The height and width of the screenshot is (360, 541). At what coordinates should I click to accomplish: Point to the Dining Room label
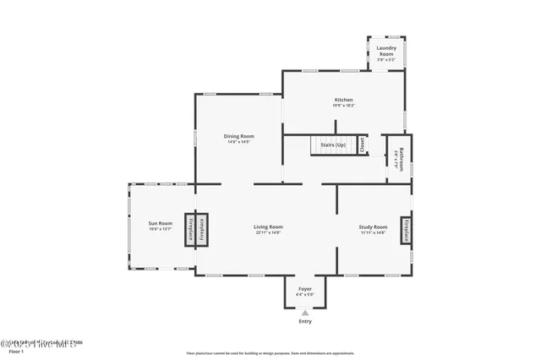238,136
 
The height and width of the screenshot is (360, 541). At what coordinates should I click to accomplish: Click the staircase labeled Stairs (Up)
332,145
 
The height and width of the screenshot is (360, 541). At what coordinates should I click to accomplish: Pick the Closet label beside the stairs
362,145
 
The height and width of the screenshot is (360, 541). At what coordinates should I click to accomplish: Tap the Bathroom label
402,158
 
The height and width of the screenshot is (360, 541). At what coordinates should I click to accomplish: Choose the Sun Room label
161,223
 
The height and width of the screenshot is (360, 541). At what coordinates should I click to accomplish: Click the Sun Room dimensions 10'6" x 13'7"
161,229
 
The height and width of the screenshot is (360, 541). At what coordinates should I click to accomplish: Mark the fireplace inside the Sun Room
191,230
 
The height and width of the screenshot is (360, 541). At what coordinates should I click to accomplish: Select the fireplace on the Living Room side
203,230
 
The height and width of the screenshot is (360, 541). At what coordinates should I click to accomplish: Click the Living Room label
268,226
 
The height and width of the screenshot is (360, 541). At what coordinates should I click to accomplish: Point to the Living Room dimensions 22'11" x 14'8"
268,232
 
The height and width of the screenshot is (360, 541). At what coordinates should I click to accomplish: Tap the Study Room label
373,226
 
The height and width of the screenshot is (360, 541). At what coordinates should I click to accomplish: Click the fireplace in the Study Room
406,230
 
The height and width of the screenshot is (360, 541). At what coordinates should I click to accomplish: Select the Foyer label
305,289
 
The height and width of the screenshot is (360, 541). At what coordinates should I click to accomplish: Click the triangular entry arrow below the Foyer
305,313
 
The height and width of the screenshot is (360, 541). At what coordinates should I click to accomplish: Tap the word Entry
305,322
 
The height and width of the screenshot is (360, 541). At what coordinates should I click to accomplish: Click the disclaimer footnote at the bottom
270,352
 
